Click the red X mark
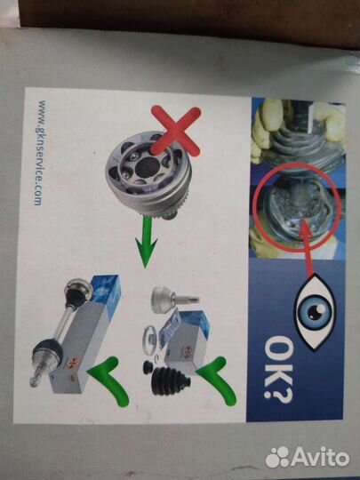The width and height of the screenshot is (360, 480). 176,131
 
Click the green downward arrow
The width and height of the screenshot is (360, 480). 147,242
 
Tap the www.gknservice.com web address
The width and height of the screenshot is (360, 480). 40,153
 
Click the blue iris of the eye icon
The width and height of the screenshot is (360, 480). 314,312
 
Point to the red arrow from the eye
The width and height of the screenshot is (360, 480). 307,247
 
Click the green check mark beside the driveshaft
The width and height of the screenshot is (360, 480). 108,380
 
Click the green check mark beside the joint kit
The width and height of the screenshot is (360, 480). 217,380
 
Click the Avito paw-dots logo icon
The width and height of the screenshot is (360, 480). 277,457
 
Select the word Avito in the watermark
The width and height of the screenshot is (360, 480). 320,457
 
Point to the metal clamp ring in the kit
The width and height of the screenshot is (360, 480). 148,340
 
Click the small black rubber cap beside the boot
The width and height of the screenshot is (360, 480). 148,367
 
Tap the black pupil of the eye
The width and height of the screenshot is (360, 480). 313,312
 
